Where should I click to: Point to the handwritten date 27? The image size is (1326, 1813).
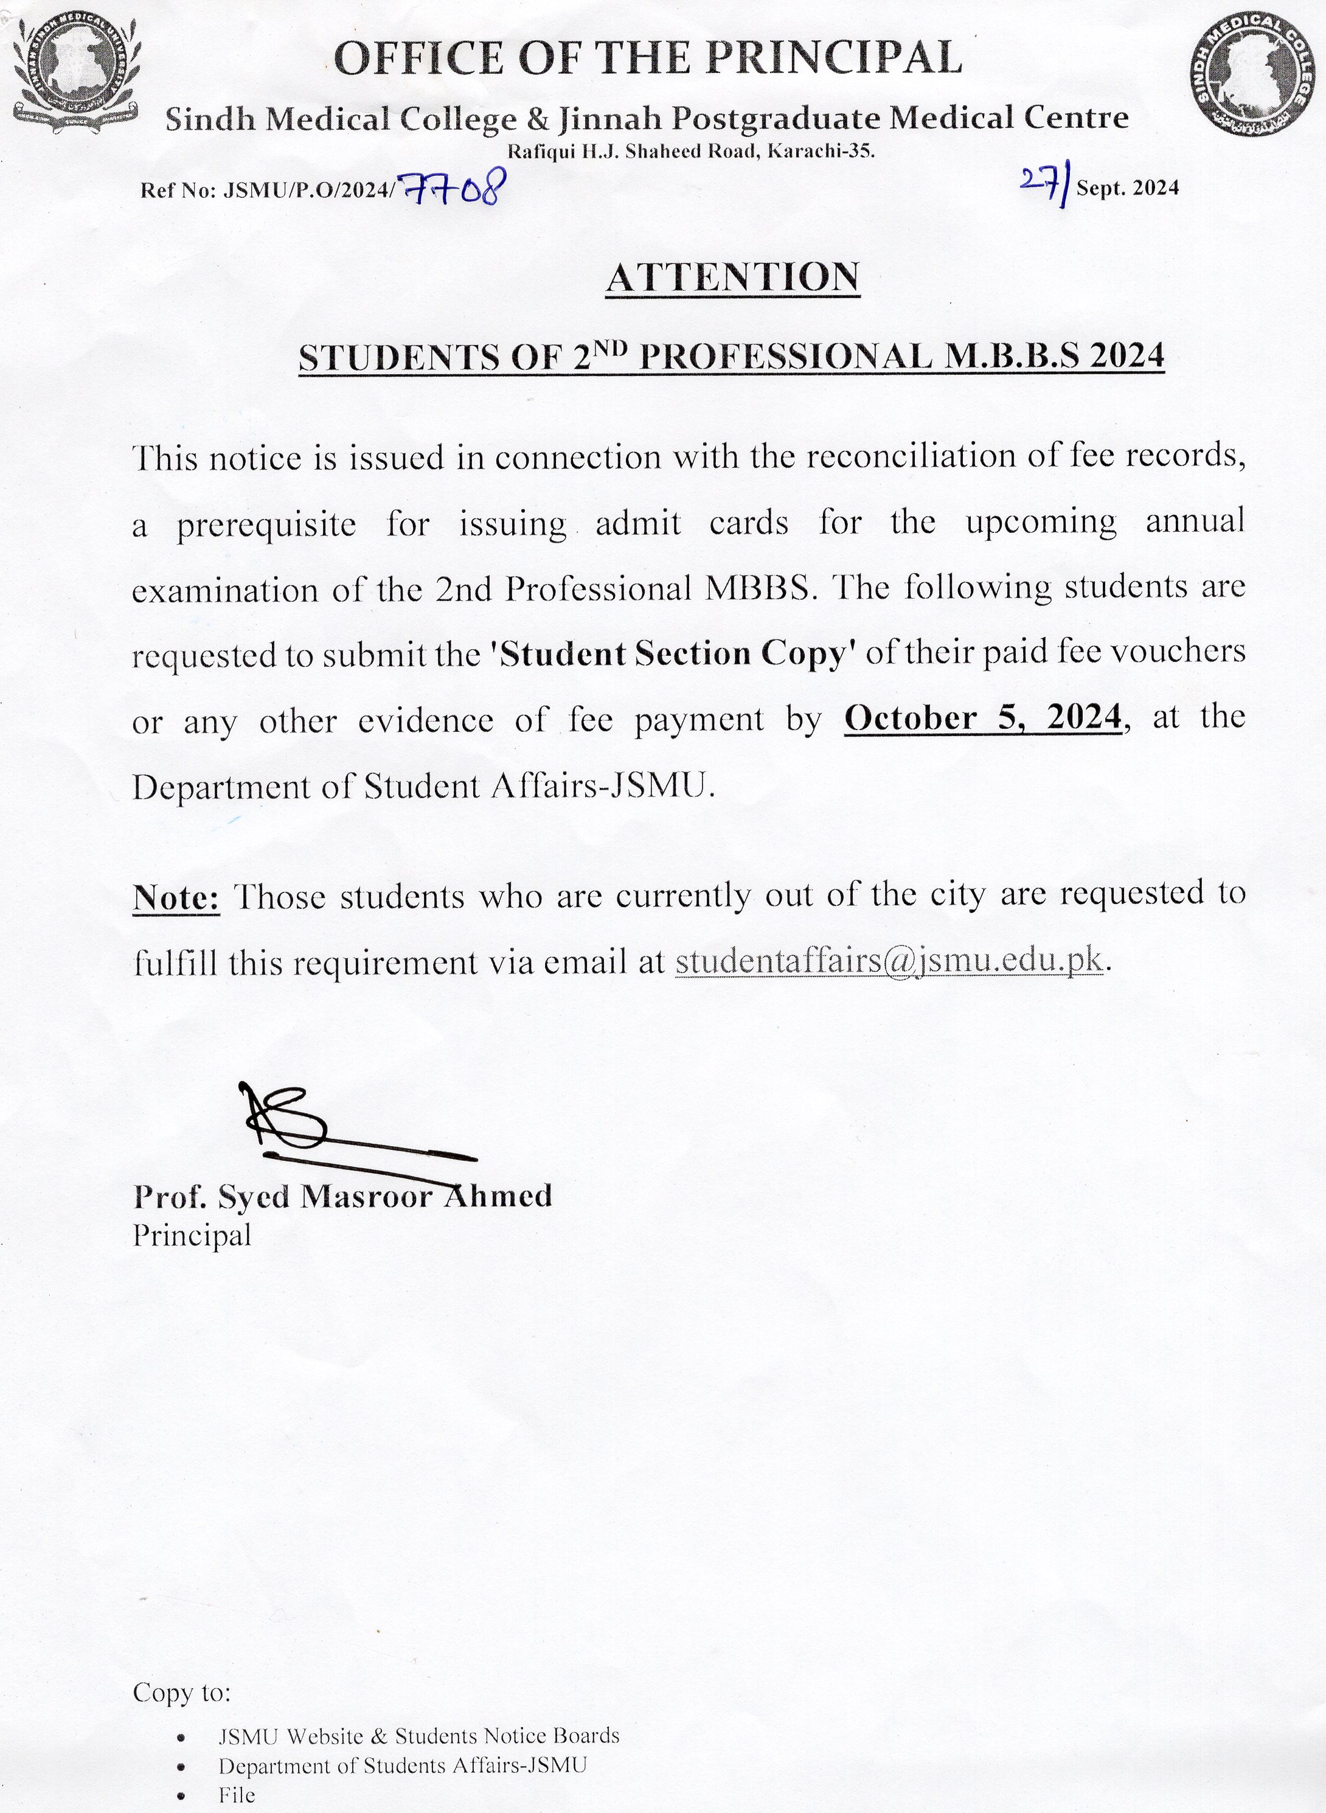coord(1040,183)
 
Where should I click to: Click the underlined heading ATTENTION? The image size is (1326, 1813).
coord(732,278)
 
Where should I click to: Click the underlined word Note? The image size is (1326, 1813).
coord(176,897)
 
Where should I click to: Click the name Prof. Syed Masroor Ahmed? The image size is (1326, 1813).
coord(342,1196)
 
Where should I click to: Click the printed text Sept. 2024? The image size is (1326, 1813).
coord(1128,188)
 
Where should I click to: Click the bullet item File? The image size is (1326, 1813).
coord(237,1795)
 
